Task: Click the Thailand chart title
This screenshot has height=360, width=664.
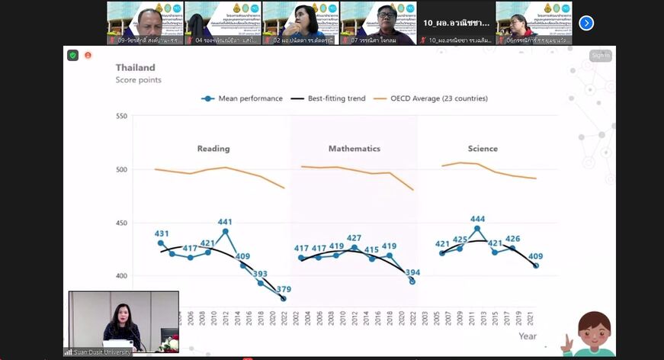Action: click(x=135, y=67)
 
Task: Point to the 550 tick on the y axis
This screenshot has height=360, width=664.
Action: click(x=121, y=117)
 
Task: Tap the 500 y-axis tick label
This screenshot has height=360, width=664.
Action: click(x=121, y=169)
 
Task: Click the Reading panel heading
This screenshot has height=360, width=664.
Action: click(x=213, y=149)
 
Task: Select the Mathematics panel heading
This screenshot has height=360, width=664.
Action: click(x=354, y=149)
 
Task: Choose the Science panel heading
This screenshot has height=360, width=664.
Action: click(x=483, y=149)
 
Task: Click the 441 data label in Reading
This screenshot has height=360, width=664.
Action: click(x=225, y=223)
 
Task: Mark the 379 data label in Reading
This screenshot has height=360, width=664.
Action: click(x=284, y=289)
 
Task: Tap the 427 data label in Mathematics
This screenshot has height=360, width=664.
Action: click(x=354, y=238)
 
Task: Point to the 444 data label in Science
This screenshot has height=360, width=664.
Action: click(x=478, y=219)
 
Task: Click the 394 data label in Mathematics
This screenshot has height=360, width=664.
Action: click(x=412, y=272)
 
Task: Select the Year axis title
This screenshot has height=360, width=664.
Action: click(x=527, y=336)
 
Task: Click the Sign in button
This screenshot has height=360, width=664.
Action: click(x=600, y=55)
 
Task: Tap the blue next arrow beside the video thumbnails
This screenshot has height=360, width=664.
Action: click(x=586, y=23)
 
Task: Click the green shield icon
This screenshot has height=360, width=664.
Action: click(x=73, y=56)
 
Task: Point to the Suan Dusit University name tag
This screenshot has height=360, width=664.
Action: click(x=98, y=352)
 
